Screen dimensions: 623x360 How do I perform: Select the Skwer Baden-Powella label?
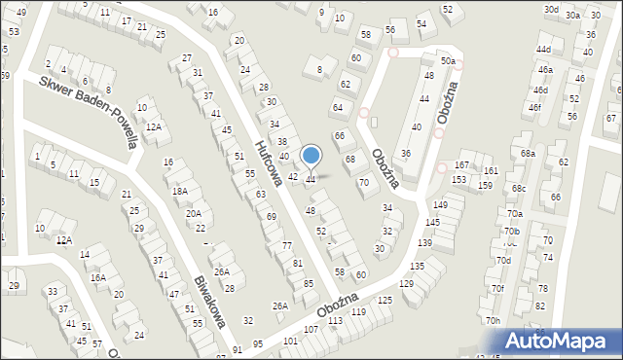(x=88, y=110)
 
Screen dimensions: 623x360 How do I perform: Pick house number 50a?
(x=447, y=60)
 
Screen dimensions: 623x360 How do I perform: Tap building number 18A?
(x=180, y=192)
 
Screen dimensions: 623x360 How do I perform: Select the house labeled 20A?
(x=194, y=213)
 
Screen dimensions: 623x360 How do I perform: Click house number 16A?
(x=98, y=277)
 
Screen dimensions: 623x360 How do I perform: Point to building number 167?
(x=462, y=165)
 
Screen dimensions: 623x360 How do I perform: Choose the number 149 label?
(x=440, y=205)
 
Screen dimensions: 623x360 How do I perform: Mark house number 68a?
(x=528, y=154)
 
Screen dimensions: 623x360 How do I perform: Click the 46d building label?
(x=540, y=90)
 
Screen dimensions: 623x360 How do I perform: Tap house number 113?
(x=335, y=320)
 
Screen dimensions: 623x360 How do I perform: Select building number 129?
(x=406, y=282)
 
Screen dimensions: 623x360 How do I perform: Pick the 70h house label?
(x=494, y=320)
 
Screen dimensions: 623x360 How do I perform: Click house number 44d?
(x=543, y=49)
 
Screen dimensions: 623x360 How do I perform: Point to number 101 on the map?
(x=289, y=342)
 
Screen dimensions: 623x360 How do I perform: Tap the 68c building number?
(x=519, y=188)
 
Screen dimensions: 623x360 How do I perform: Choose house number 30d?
(x=551, y=9)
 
